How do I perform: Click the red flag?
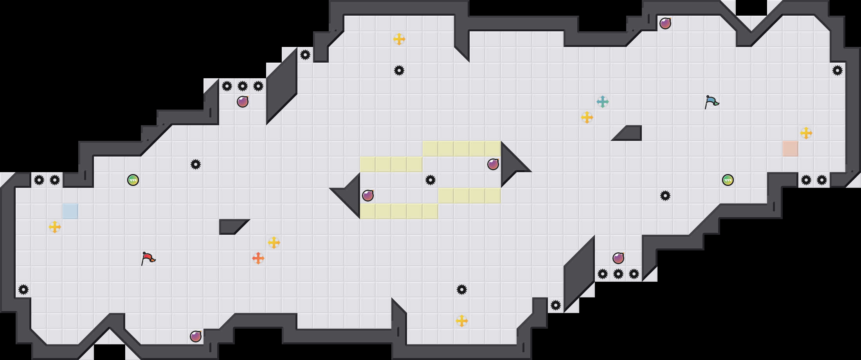tap(148, 258)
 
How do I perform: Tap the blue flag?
tap(711, 102)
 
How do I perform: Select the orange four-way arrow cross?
tap(258, 258)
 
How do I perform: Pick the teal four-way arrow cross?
tap(603, 102)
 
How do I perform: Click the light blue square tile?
tap(70, 211)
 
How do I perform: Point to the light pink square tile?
tap(791, 149)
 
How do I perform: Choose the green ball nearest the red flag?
tap(133, 180)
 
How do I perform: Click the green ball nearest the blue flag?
tap(728, 180)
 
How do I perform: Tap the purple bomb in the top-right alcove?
tap(665, 23)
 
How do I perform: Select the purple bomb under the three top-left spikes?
tap(243, 102)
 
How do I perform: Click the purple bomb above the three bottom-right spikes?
tap(618, 258)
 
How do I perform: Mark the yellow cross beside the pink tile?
tap(806, 133)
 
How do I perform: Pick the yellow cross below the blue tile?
tap(55, 227)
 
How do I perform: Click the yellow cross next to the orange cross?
tap(274, 243)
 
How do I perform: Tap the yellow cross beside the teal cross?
tap(587, 117)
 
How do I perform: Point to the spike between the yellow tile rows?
tap(430, 180)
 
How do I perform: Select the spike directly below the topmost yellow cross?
tap(399, 70)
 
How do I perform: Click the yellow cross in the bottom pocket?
tap(462, 321)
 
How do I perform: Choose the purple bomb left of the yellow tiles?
tap(368, 196)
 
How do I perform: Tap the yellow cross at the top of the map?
tap(399, 39)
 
